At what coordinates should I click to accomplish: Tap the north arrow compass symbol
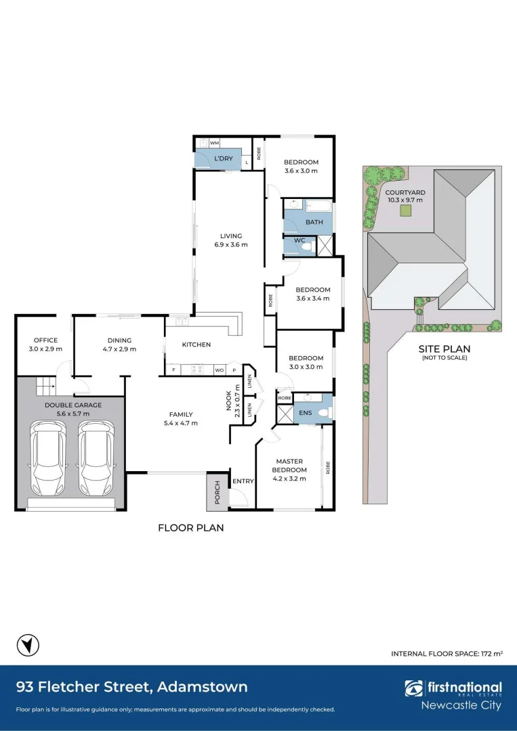pos(28,645)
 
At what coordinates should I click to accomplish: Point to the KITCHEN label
pos(196,345)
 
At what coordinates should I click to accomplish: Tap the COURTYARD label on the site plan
pos(406,192)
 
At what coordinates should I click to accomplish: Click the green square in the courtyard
pos(406,211)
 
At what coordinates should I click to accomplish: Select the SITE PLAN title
pos(444,348)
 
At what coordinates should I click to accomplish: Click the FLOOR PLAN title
pos(190,527)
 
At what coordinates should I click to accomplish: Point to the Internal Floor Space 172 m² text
pos(447,653)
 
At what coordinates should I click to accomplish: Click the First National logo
pos(453,690)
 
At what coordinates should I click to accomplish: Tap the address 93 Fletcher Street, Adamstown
pos(131,687)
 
